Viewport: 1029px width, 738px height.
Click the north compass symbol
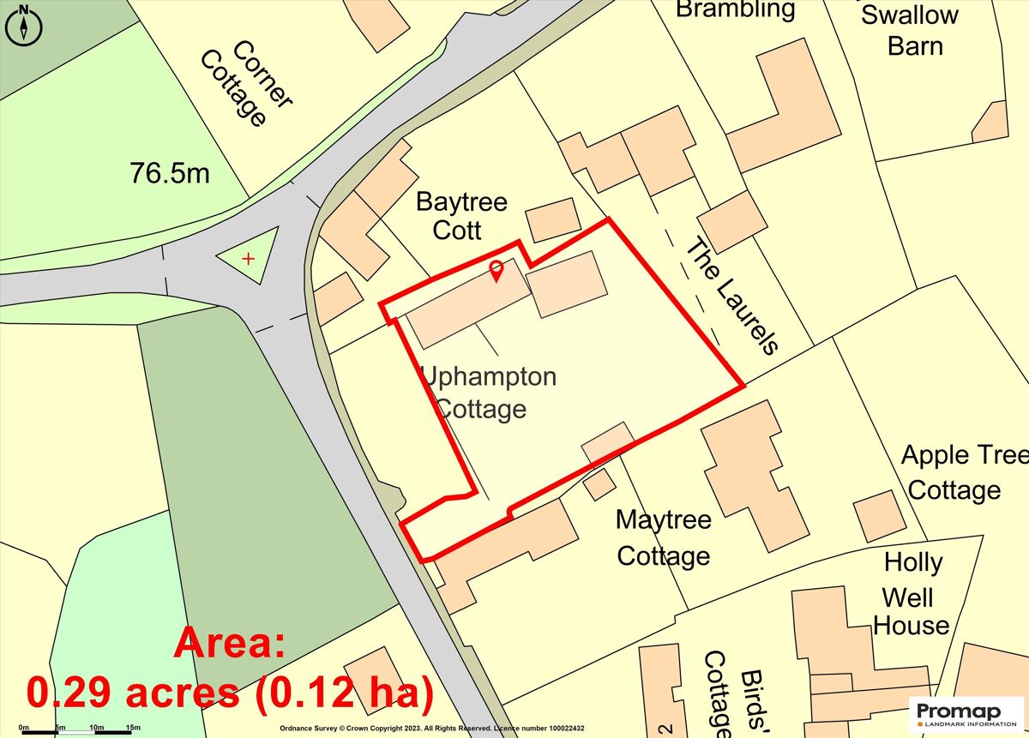tap(24, 24)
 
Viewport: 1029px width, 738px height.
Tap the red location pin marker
tap(496, 272)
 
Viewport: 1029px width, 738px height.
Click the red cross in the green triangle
tap(249, 258)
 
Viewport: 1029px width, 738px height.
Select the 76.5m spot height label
tap(170, 173)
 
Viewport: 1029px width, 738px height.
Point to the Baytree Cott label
tap(461, 216)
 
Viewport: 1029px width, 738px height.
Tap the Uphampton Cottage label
tap(489, 393)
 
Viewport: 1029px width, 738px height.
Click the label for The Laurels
tap(732, 295)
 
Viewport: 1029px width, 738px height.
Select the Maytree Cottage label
tap(664, 538)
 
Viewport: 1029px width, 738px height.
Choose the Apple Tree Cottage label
tap(960, 472)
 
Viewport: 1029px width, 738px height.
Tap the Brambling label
tap(736, 10)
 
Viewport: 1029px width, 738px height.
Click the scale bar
tap(77, 731)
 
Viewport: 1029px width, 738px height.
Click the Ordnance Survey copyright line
tap(432, 729)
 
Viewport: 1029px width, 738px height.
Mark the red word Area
tap(231, 642)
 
